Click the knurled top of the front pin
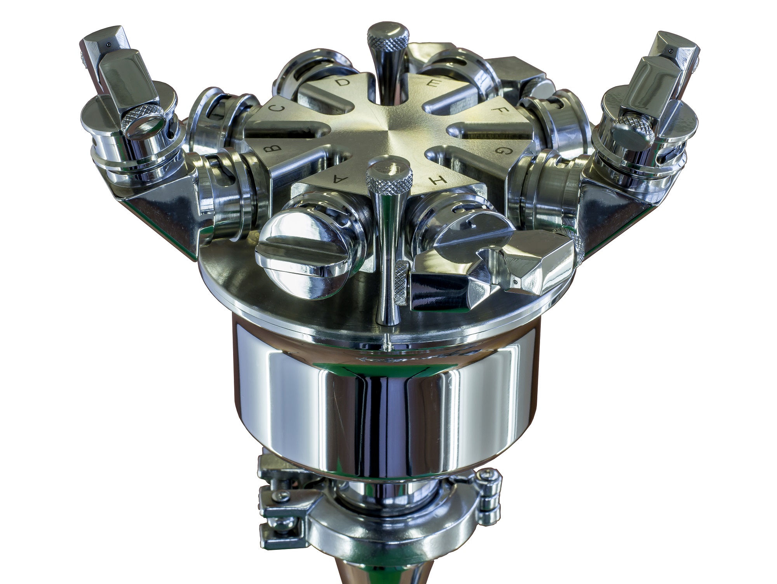tap(390, 177)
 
